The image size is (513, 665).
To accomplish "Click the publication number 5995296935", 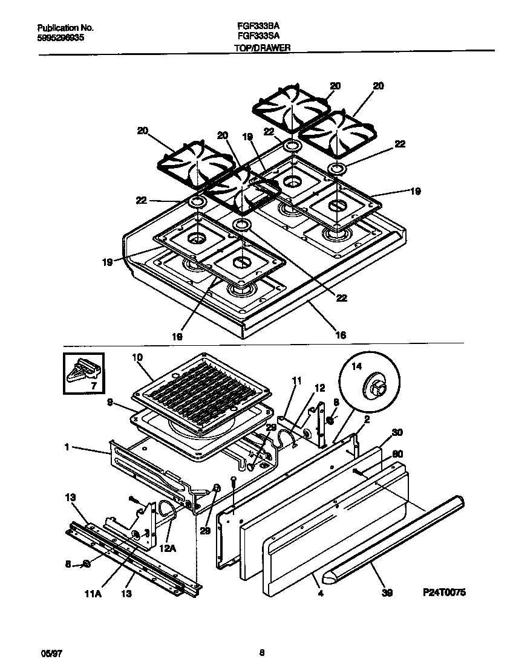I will pyautogui.click(x=60, y=37).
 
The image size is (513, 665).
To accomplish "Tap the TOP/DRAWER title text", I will pyautogui.click(x=263, y=47).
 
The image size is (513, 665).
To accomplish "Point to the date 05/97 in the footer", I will pyautogui.click(x=47, y=652).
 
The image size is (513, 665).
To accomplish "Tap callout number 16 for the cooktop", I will pyautogui.click(x=341, y=334).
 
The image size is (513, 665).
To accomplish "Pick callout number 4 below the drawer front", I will pyautogui.click(x=320, y=594).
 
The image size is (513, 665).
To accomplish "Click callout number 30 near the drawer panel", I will pyautogui.click(x=396, y=432).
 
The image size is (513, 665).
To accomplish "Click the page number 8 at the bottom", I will pyautogui.click(x=261, y=652).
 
